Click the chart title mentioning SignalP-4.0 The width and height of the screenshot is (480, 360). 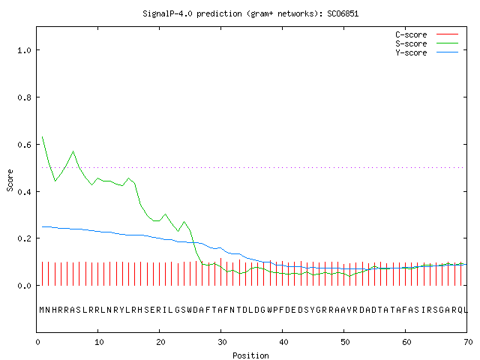tap(250, 13)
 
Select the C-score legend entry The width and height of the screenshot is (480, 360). tap(427, 34)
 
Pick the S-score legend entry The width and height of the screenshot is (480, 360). tap(427, 43)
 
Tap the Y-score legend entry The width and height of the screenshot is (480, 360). tap(427, 52)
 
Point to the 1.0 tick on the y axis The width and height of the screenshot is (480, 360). tap(24, 50)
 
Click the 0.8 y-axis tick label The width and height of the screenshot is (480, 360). tap(24, 97)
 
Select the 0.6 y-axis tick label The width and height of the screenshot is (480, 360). tap(24, 145)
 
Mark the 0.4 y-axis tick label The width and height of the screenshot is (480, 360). tap(24, 192)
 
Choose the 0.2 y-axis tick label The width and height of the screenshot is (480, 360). tap(24, 238)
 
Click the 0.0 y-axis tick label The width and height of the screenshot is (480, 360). tap(24, 286)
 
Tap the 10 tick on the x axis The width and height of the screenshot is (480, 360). tap(99, 342)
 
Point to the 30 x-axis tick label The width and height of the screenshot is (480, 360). tap(222, 342)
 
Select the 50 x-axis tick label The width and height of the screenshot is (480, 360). tap(345, 342)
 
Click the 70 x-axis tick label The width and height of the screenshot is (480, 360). tap(468, 342)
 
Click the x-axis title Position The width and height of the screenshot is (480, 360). tap(250, 355)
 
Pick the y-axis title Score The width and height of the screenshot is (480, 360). tap(10, 180)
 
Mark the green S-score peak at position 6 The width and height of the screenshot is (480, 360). tap(73, 151)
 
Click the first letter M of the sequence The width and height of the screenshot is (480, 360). tap(42, 310)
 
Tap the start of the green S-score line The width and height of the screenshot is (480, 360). tap(42, 136)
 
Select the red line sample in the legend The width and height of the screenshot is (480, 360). tap(447, 34)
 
